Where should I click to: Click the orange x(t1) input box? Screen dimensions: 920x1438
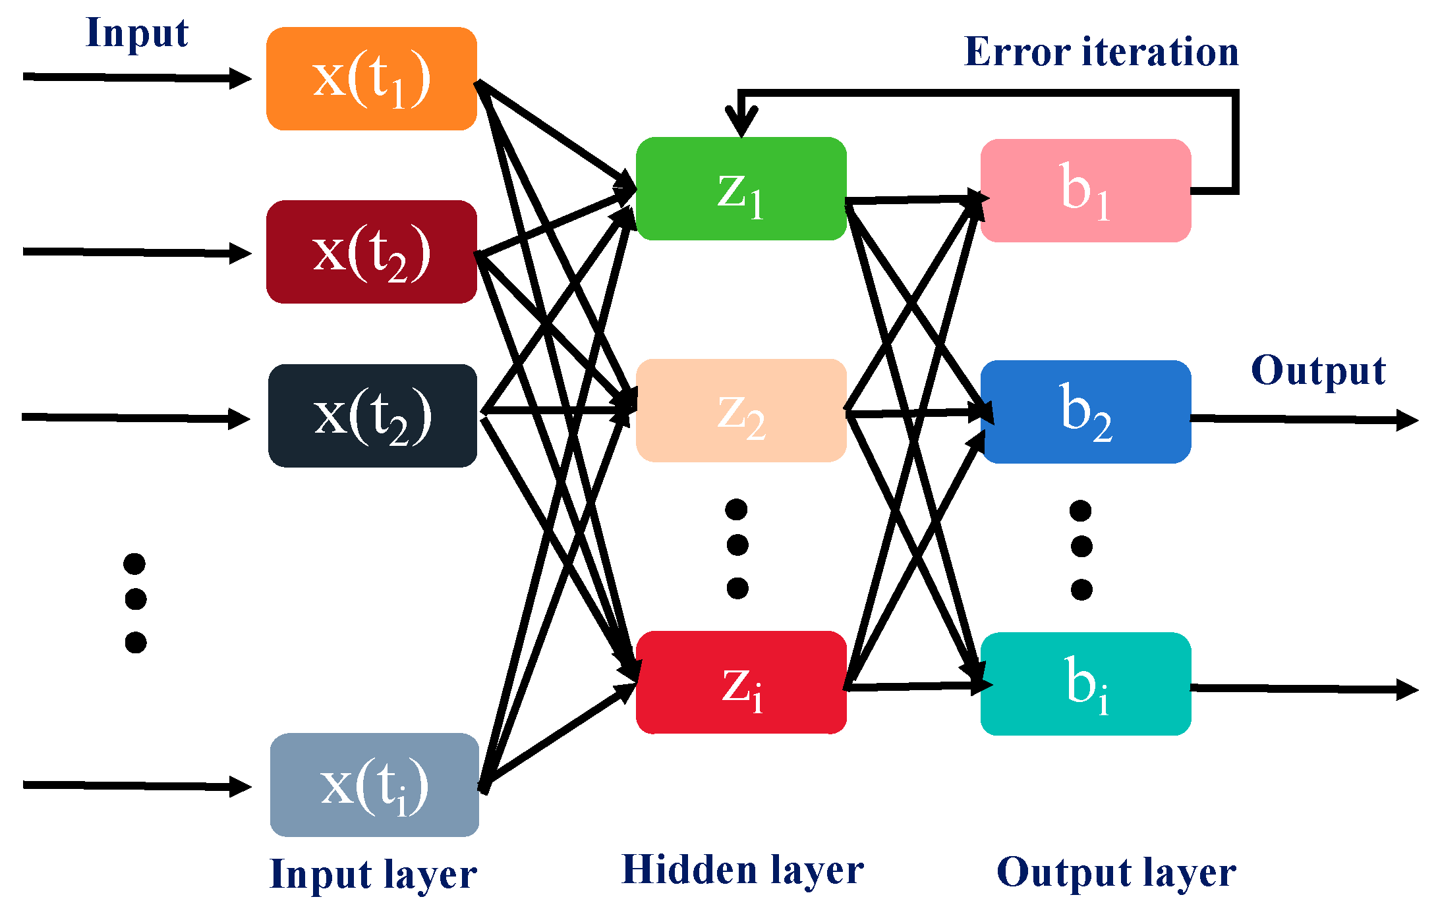point(371,79)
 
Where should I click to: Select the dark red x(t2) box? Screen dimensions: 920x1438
point(371,252)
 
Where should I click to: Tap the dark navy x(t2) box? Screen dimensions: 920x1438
point(372,416)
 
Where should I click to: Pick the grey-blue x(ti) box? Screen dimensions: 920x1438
point(374,785)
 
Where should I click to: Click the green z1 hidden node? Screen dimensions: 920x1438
point(741,189)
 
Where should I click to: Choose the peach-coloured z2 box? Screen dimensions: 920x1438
point(741,411)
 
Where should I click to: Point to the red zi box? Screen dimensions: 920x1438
point(741,683)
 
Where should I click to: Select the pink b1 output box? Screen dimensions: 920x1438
point(1085,191)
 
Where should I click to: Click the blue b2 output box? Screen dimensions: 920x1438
point(1085,412)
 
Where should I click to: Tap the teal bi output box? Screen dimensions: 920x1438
point(1085,684)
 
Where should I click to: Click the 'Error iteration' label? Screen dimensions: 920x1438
point(1101,52)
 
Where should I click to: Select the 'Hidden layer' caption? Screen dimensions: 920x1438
point(743,871)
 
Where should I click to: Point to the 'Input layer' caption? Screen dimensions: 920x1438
point(373,875)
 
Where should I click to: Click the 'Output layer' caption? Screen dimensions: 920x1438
point(1116,873)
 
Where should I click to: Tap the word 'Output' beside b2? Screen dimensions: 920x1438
point(1317,371)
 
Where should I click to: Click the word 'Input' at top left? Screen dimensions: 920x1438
point(137,33)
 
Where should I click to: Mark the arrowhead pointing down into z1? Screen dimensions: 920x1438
point(741,123)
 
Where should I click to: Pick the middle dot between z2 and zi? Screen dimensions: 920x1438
point(737,545)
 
